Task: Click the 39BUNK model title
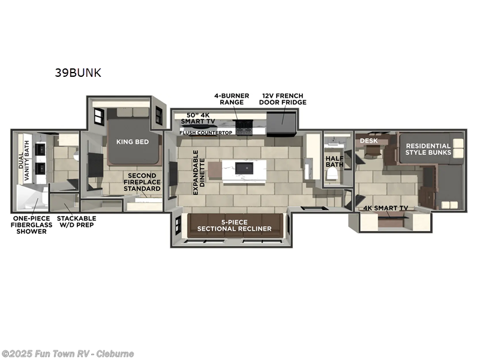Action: click(78, 73)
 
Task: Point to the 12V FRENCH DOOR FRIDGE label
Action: click(283, 98)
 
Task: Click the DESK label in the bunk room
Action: click(368, 141)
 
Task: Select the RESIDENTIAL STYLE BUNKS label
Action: click(427, 150)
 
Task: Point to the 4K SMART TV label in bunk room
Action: click(386, 209)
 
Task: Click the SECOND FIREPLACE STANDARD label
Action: click(142, 182)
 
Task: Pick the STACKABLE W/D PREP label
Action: click(76, 221)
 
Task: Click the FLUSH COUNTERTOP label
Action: click(205, 133)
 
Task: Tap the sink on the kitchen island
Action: click(243, 166)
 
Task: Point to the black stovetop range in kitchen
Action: click(245, 127)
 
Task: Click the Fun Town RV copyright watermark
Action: click(68, 354)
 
